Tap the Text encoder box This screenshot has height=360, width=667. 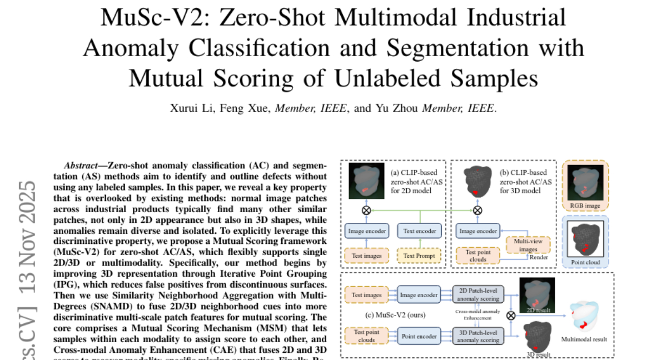pos(420,231)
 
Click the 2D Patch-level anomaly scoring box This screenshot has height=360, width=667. pos(478,294)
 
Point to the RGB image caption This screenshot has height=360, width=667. pos(585,205)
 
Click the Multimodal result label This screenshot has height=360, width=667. pos(584,338)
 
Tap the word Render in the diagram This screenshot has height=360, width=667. pos(538,258)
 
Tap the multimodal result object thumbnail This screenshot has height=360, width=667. pos(583,317)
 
